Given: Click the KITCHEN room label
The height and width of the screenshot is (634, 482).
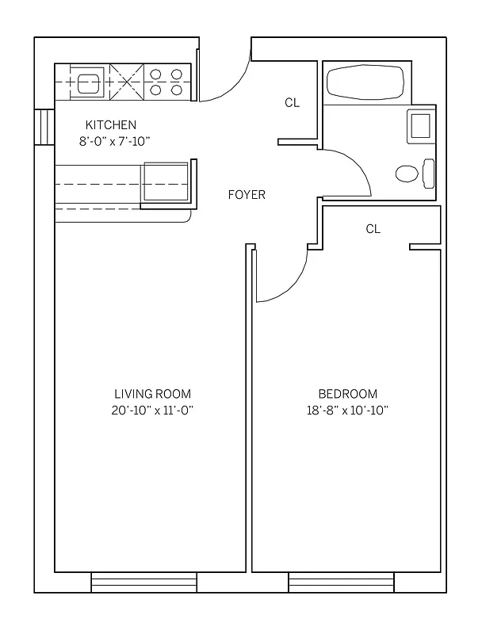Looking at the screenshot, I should pyautogui.click(x=111, y=124).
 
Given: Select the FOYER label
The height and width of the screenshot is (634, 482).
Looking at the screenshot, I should pyautogui.click(x=247, y=195).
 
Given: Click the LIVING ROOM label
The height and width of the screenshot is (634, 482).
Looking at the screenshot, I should pyautogui.click(x=152, y=394).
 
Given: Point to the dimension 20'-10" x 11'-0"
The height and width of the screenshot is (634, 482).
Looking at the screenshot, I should pyautogui.click(x=152, y=411).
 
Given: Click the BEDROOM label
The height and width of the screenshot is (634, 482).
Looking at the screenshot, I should pyautogui.click(x=347, y=394).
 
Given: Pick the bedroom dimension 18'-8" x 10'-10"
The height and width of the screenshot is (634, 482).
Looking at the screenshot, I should pyautogui.click(x=347, y=411).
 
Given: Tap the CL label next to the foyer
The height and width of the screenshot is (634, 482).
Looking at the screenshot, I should pyautogui.click(x=292, y=103).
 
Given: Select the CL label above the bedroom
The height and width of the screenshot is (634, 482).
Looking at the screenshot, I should pyautogui.click(x=373, y=229).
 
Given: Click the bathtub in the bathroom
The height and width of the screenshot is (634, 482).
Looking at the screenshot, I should pyautogui.click(x=365, y=82).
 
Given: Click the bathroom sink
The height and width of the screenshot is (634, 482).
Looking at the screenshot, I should pyautogui.click(x=419, y=125).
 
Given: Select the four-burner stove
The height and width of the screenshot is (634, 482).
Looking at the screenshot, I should pyautogui.click(x=166, y=82).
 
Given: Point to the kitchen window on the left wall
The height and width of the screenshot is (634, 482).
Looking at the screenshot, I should pyautogui.click(x=44, y=127).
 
